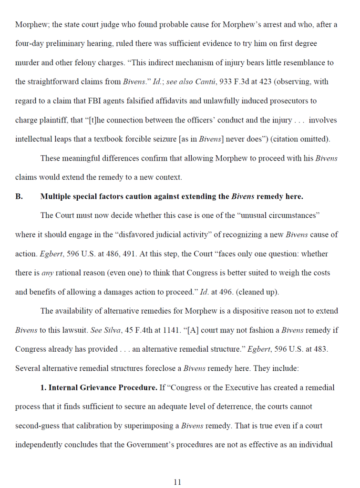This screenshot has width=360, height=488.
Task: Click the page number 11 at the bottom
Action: tap(177, 482)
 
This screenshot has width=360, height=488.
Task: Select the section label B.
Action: tap(19, 196)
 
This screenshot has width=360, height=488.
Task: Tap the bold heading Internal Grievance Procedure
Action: tap(103, 387)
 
